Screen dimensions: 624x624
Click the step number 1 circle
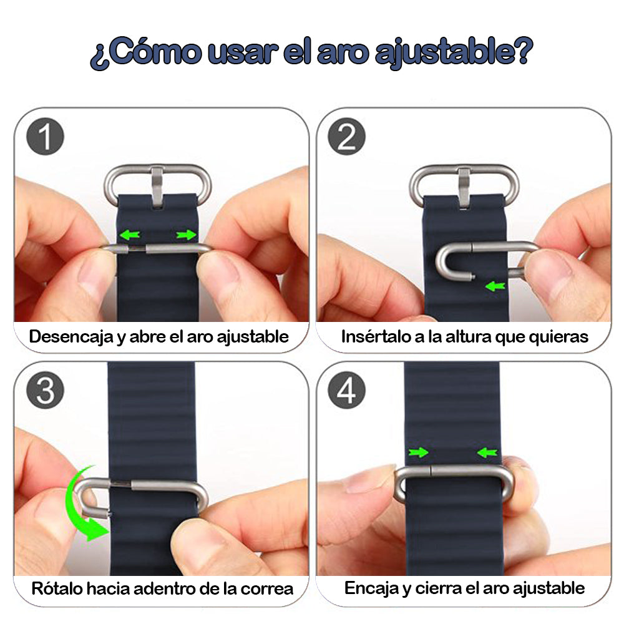tap(46, 138)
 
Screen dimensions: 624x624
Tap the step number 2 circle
tap(347, 138)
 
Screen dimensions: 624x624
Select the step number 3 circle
tap(46, 391)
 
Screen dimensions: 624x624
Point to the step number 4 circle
tap(347, 391)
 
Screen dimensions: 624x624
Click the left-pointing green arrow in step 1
tap(130, 235)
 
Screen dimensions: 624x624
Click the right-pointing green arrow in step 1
tap(185, 235)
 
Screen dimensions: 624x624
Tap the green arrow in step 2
tap(495, 286)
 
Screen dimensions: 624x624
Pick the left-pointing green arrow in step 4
tap(487, 452)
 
